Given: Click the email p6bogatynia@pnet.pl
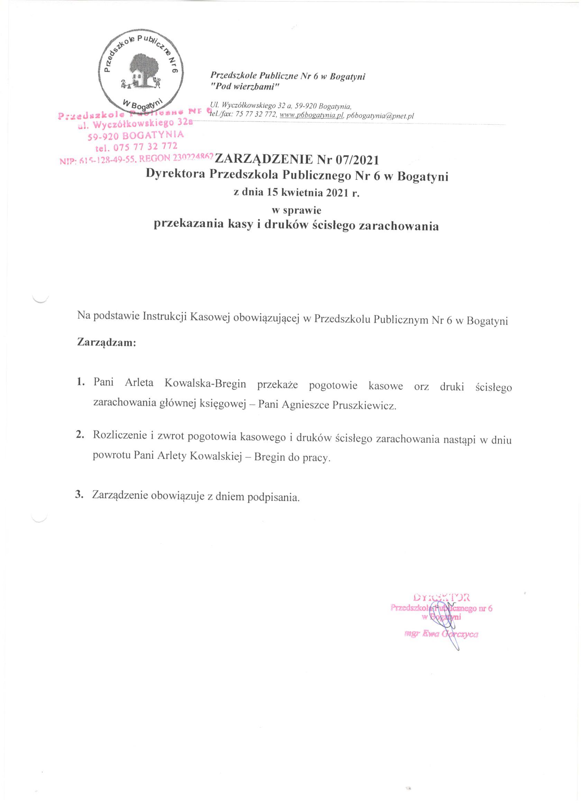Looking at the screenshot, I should [x=380, y=116].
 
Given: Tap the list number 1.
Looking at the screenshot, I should [x=80, y=382].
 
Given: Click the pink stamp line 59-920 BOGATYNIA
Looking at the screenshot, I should [x=136, y=136].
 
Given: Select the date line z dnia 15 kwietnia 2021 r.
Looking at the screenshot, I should [x=296, y=193].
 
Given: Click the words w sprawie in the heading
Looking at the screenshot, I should [x=296, y=210].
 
